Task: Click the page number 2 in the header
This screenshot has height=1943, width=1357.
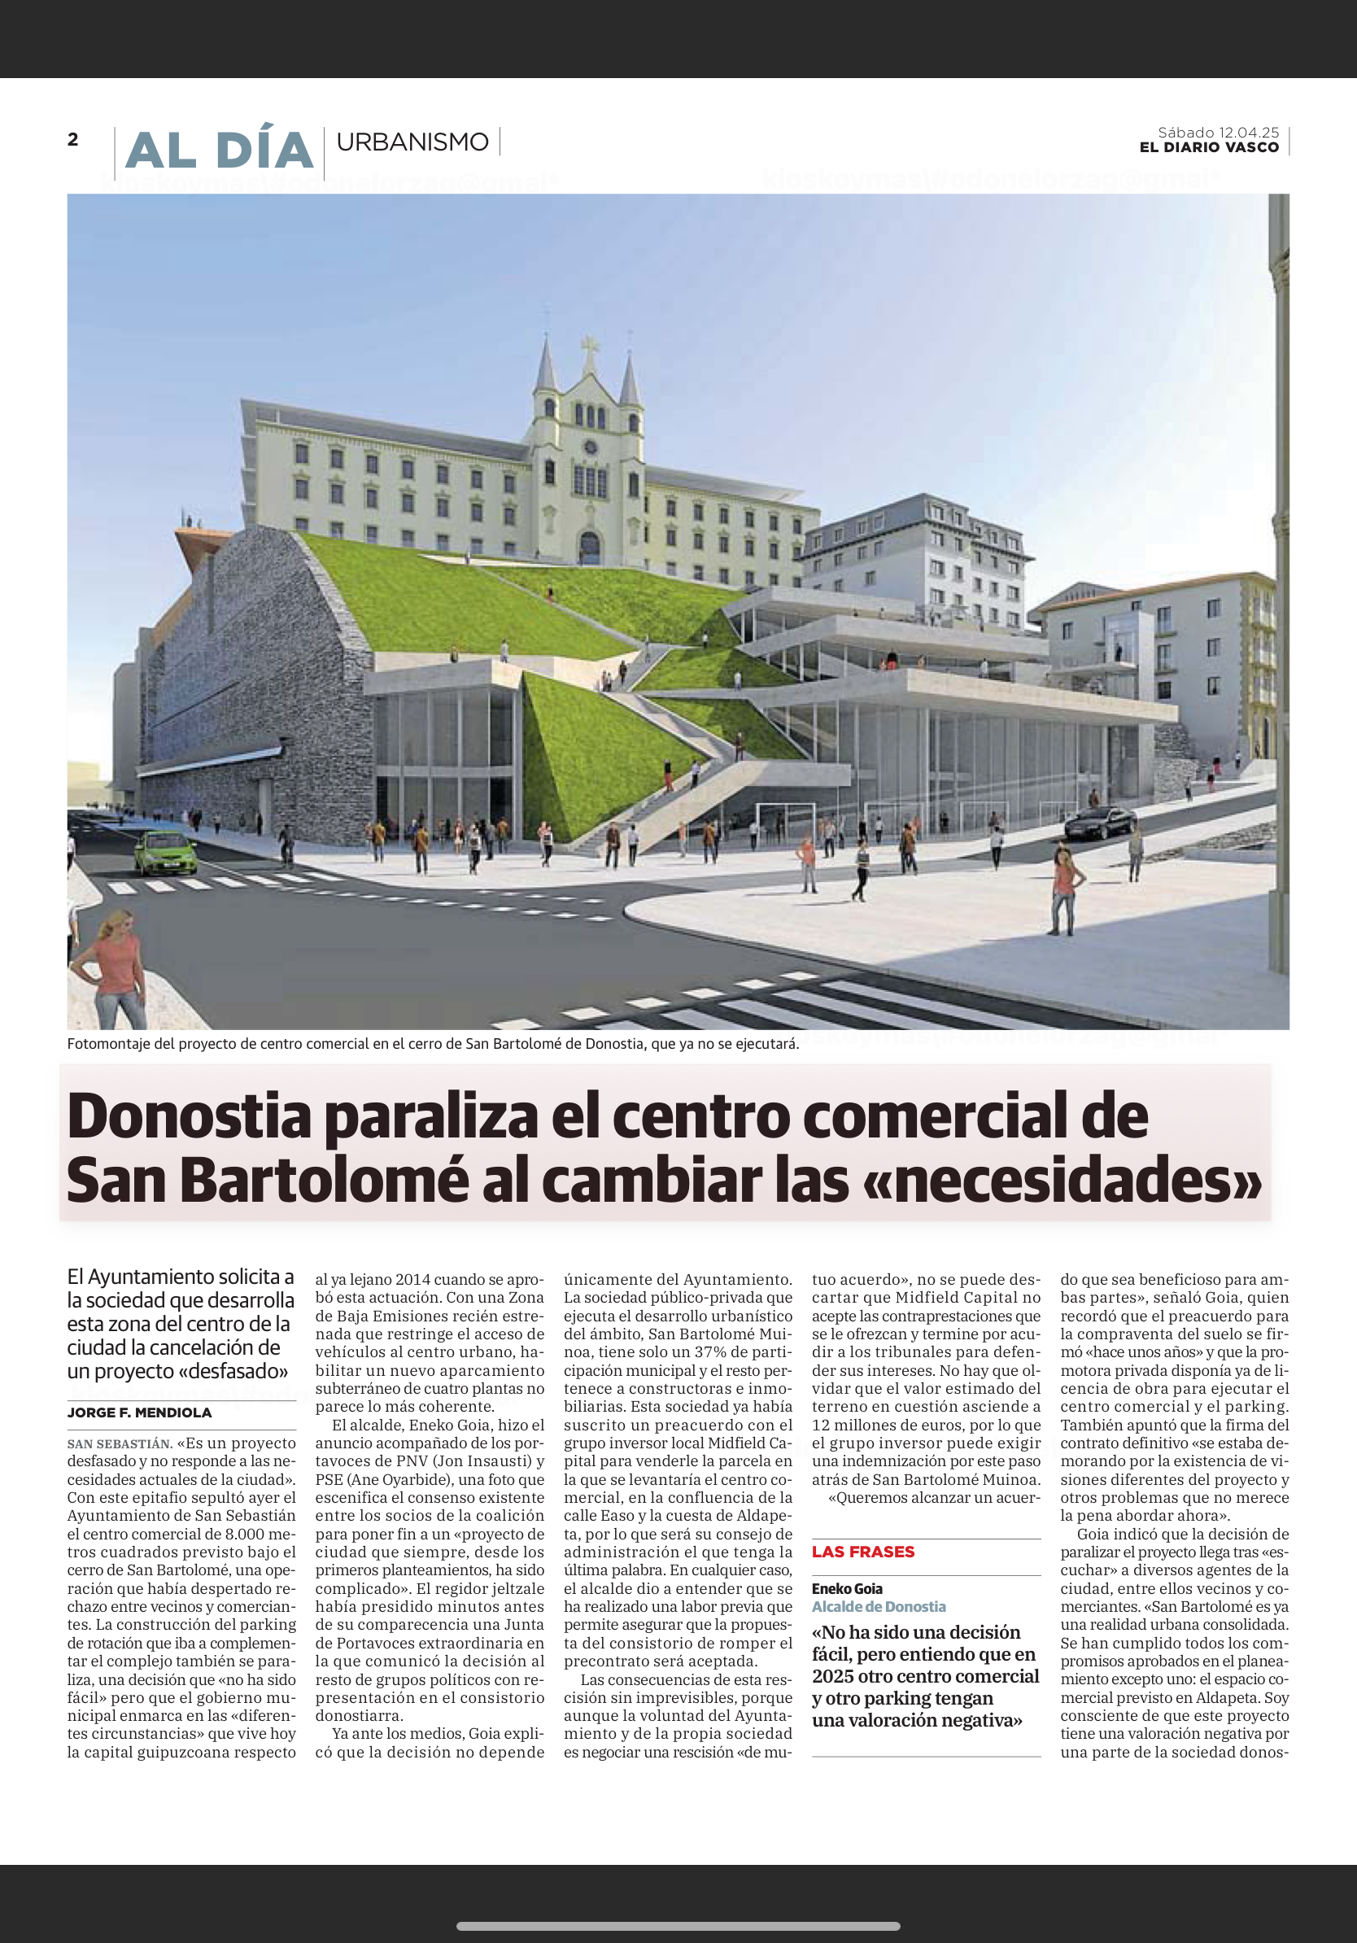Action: (x=72, y=140)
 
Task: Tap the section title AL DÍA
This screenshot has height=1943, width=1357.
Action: (x=219, y=151)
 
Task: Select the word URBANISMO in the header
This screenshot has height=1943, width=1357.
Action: (x=412, y=142)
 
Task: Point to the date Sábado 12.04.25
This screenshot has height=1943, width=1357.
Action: (x=1217, y=133)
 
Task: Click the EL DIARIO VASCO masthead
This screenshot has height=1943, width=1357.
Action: (x=1208, y=148)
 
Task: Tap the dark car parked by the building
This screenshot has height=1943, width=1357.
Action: (x=1099, y=822)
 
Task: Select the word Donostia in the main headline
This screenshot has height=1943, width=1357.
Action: (x=190, y=1116)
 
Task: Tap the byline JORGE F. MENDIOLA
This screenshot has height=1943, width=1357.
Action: (x=140, y=1412)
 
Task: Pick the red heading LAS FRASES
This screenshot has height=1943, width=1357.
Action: (x=863, y=1551)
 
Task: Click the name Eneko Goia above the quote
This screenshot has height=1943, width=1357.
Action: (x=847, y=1588)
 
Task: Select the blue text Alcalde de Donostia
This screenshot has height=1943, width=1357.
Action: (x=878, y=1606)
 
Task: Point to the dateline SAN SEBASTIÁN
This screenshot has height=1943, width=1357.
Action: (x=120, y=1443)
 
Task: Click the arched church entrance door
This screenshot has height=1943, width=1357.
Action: (x=590, y=548)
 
